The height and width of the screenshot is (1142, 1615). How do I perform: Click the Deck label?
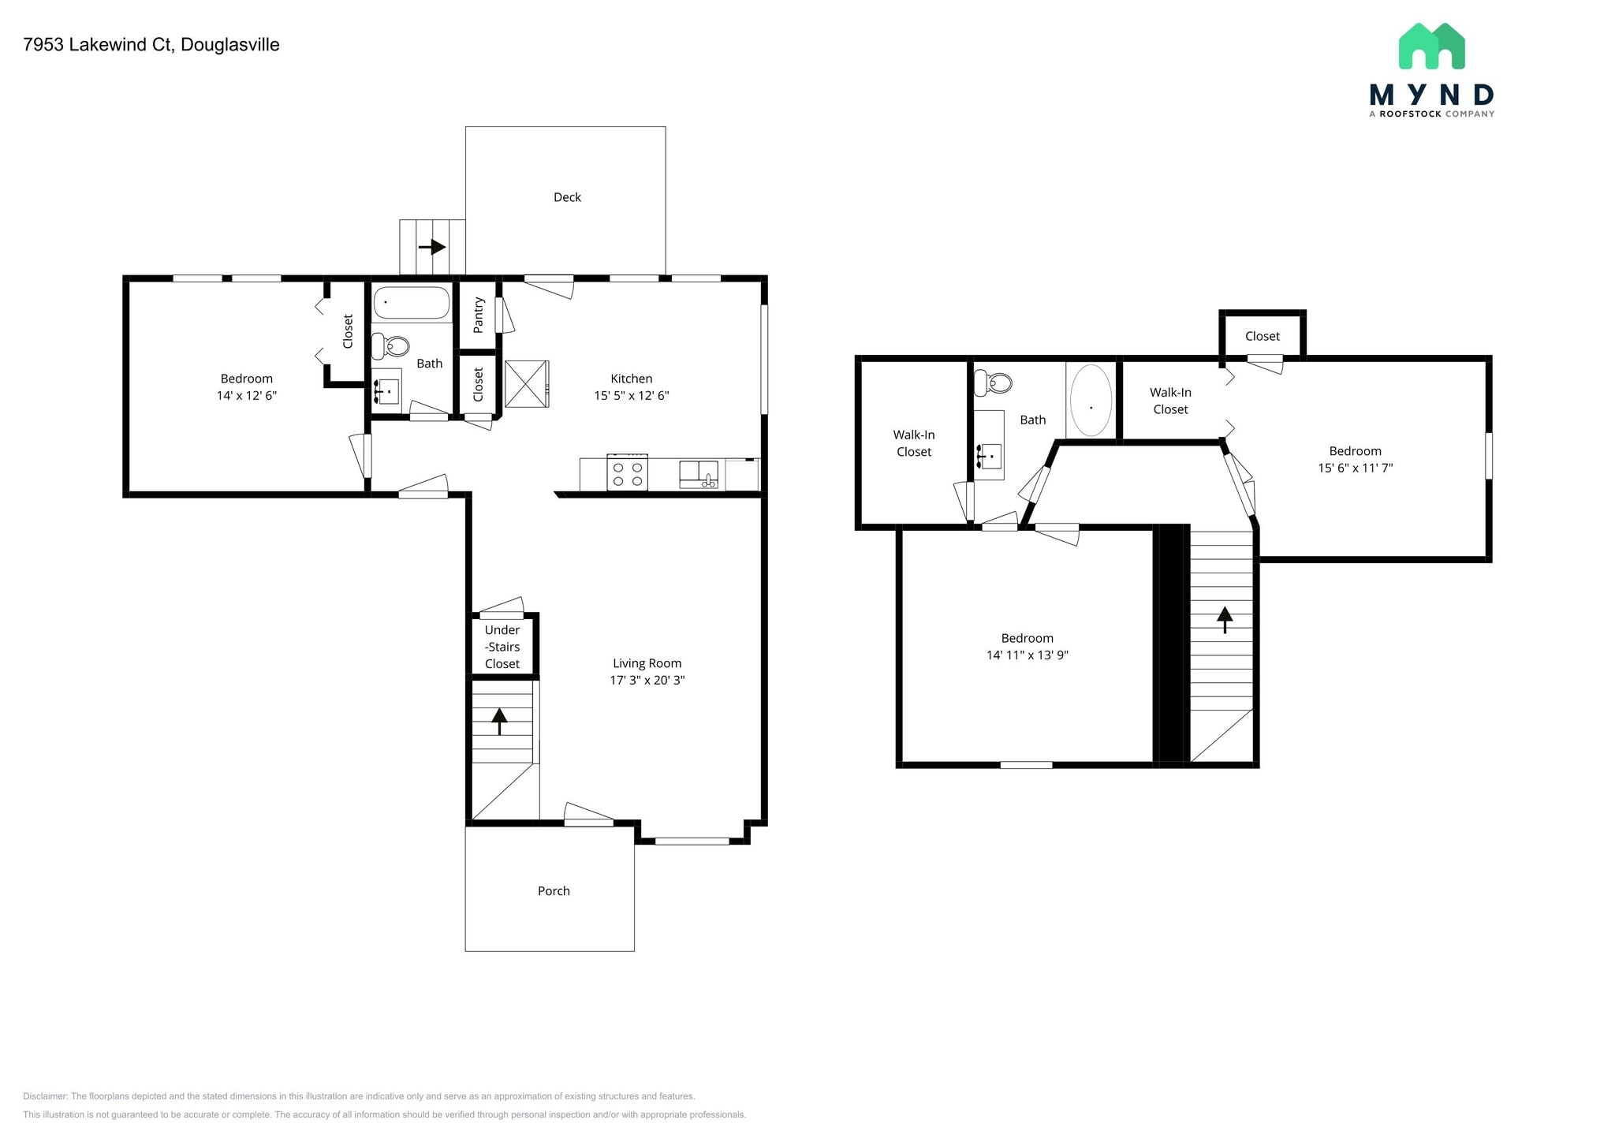pos(567,197)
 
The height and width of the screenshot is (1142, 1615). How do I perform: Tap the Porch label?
pos(554,890)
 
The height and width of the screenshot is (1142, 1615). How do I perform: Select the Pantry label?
pos(478,315)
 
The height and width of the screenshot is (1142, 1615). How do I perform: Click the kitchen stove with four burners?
pos(628,472)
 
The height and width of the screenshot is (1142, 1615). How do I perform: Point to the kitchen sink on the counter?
pos(699,475)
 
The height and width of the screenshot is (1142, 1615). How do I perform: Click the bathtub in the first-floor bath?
pos(411,303)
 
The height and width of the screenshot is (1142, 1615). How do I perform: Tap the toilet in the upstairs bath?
pos(994,383)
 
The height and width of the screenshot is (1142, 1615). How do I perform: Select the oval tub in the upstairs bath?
pos(1091,401)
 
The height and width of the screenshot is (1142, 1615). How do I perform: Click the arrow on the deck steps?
pos(432,247)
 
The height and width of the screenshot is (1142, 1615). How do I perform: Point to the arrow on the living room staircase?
pos(499,720)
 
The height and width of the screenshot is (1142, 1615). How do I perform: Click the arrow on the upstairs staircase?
pos(1224,619)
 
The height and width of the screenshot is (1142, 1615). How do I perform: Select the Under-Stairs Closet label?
pos(502,647)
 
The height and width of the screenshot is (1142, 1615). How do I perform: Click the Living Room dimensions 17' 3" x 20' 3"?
pos(647,680)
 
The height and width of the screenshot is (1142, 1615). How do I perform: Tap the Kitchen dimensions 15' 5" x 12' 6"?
pos(631,396)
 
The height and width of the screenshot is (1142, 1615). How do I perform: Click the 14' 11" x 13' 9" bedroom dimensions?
pos(1027,655)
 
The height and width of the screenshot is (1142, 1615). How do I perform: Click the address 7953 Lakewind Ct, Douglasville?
pos(151,45)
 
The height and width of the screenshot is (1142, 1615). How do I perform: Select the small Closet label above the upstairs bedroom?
pos(1262,336)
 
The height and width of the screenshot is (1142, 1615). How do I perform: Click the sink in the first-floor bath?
pos(387,391)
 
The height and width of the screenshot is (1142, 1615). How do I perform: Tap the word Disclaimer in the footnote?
pos(45,1096)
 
